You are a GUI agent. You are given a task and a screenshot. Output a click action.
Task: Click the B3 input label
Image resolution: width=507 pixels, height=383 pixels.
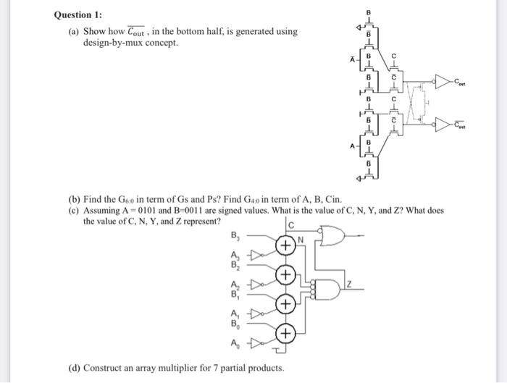(234, 235)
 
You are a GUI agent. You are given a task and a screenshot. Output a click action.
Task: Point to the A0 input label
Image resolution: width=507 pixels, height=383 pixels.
(234, 342)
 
